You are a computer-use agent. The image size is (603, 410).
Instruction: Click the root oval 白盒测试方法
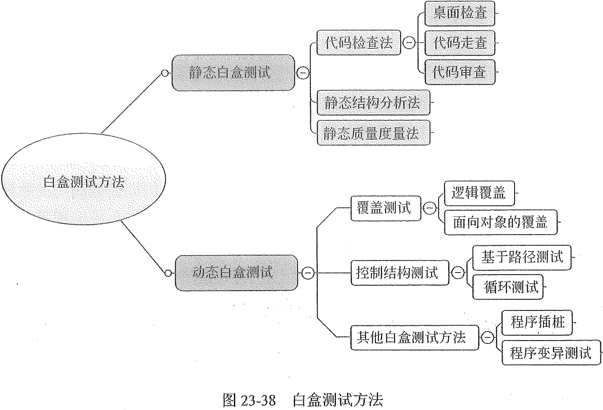coord(84,181)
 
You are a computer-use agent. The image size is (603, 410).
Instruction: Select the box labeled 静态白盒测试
coord(233,73)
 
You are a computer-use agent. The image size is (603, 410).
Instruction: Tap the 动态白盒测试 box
coord(236,273)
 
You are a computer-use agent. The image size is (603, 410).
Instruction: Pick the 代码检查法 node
coord(358,43)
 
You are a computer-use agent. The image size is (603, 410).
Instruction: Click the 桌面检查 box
coord(460,13)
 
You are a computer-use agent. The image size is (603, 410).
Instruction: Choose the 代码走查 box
coord(460,43)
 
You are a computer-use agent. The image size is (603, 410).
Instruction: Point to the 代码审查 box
coord(460,72)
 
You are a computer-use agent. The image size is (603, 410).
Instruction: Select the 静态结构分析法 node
coord(373,103)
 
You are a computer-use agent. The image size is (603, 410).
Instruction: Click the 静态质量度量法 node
coord(373,133)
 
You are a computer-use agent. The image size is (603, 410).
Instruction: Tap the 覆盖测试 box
coord(386,208)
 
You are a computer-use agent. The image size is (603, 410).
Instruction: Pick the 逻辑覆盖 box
coord(479,193)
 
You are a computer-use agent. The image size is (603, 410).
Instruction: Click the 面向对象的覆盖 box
coord(501,222)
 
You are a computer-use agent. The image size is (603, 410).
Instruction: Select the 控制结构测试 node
coord(400,273)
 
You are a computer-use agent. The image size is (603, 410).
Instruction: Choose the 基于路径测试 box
coord(522,257)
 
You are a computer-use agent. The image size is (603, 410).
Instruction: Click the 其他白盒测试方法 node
coord(414,337)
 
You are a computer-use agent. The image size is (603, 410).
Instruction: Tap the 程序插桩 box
coord(537,322)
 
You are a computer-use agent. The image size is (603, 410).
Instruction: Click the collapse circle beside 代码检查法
coord(409,43)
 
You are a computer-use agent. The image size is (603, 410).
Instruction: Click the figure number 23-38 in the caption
coord(257,400)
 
